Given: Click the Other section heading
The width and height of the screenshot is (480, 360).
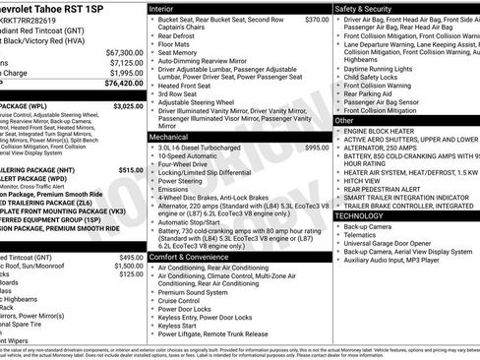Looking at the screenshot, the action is click(344, 119).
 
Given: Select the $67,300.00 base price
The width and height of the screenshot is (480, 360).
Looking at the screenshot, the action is click(123, 51).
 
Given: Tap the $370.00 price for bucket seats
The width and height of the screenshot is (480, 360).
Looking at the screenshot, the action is click(317, 20).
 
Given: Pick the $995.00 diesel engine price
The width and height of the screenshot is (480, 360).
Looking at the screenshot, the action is click(317, 148).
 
